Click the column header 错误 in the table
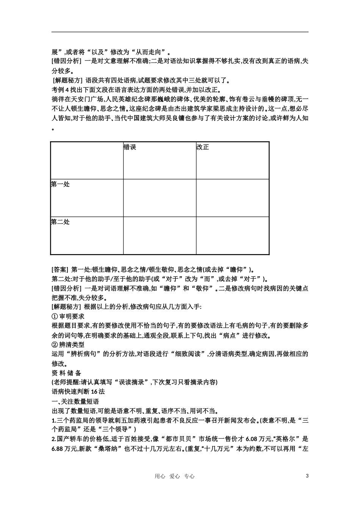coord(130,147)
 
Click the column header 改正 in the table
coord(203,147)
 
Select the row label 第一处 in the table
coord(60,184)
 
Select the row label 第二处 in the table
coord(60,222)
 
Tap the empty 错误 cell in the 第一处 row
coord(160,198)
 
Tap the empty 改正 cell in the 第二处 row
coord(232,235)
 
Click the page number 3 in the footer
coord(307,476)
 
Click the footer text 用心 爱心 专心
coord(175,476)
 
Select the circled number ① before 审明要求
coord(54,316)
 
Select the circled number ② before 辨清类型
coord(54,345)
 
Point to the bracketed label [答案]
coord(59,269)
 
